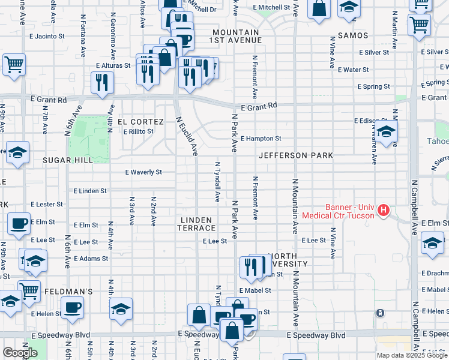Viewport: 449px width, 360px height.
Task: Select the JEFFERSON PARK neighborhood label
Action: click(x=296, y=155)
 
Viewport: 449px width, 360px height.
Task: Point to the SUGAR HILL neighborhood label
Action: click(x=68, y=160)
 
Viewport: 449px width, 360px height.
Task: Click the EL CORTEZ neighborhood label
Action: click(x=140, y=121)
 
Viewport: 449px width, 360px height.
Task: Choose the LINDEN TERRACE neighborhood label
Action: click(x=197, y=224)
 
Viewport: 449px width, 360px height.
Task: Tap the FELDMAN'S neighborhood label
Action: click(x=68, y=292)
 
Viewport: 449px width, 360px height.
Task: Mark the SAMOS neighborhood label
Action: click(x=352, y=36)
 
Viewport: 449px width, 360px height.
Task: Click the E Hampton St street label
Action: click(x=261, y=139)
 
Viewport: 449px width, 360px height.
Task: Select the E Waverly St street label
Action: click(x=143, y=172)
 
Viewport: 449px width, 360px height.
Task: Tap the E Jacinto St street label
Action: click(x=47, y=37)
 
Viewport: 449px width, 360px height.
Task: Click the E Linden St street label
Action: click(x=89, y=191)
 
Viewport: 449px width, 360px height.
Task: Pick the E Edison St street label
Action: click(x=372, y=121)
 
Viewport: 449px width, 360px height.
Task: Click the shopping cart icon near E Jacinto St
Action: click(x=14, y=65)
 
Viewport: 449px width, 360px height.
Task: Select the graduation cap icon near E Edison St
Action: click(x=387, y=131)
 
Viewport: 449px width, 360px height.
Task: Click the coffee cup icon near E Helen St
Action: click(x=72, y=308)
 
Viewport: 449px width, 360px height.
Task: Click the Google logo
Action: click(x=20, y=353)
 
